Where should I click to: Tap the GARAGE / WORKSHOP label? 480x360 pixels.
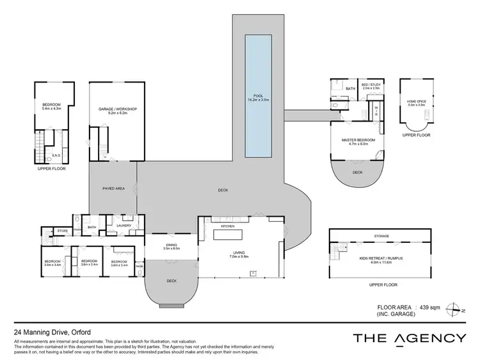117,109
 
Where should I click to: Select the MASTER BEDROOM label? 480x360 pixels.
358,140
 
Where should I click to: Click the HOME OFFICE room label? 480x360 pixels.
417,101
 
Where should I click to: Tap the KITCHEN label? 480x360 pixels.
228,226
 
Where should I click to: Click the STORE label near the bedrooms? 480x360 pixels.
62,231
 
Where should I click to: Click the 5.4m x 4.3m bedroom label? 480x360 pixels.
52,106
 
